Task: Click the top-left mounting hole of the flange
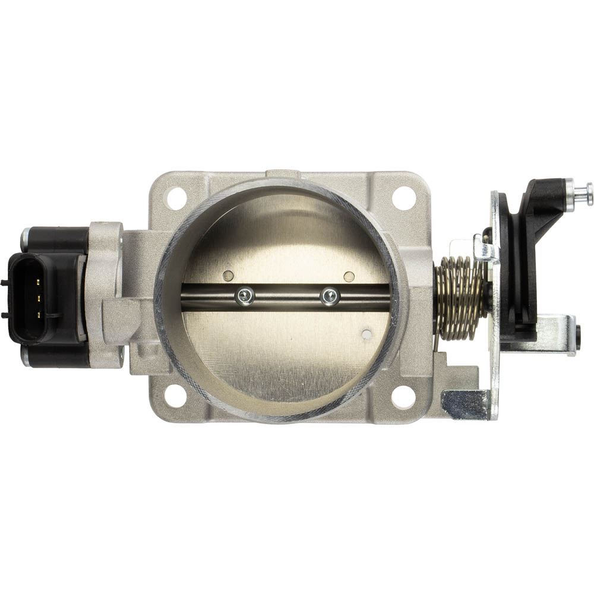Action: coord(176,198)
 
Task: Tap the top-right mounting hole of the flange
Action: coord(404,198)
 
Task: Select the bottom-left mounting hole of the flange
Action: coord(176,396)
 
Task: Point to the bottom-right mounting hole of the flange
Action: coord(404,397)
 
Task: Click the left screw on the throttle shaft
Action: coord(244,295)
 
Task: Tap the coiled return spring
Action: coord(459,298)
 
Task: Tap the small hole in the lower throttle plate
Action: coord(366,334)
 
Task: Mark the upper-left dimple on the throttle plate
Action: coord(228,276)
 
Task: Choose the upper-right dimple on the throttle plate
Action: coord(349,276)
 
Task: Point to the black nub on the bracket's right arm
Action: coord(578,335)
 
